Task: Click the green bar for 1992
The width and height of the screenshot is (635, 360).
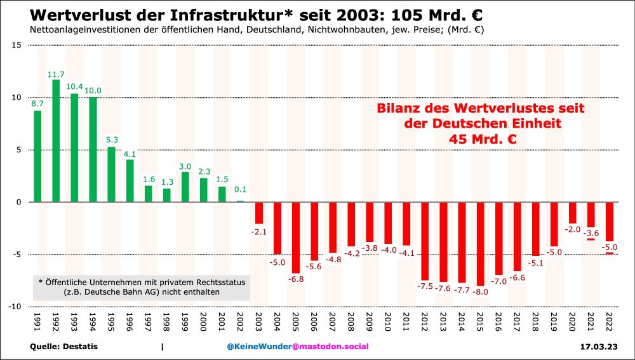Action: pyautogui.click(x=56, y=141)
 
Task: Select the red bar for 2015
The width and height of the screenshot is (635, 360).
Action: pyautogui.click(x=480, y=244)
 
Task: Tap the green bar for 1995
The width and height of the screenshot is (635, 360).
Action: pyautogui.click(x=111, y=175)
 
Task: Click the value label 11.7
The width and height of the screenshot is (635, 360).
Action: pyautogui.click(x=56, y=74)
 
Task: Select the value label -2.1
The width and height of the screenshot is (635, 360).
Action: pyautogui.click(x=259, y=230)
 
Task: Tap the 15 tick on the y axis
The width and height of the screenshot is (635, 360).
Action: pyautogui.click(x=16, y=45)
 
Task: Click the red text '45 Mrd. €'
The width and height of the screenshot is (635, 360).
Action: pyautogui.click(x=481, y=138)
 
